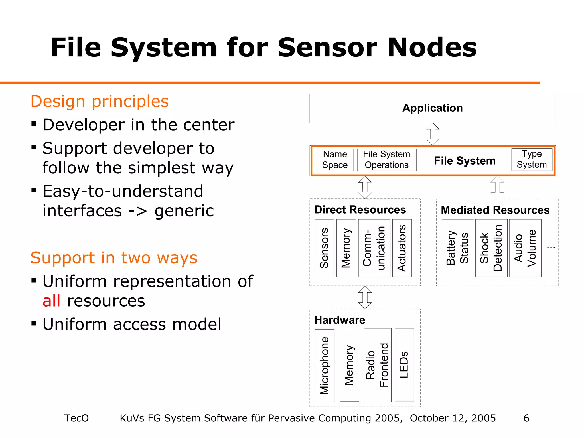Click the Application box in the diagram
pos(432,108)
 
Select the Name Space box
pos(335,160)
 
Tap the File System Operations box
pos(386,160)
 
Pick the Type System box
pos(532,159)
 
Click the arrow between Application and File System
pos(433,134)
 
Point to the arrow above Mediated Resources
pos(497,187)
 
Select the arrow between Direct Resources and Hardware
pos(365,297)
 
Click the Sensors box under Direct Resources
pos(324,248)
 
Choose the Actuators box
pos(402,248)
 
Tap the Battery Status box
pos(457,248)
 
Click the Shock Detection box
pos(491,248)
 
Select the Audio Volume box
pos(525,248)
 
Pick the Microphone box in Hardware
pos(325,365)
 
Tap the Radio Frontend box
pos(377,365)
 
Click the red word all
pos(51,301)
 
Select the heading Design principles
pos(100,101)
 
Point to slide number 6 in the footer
pos(526,418)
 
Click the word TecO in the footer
pos(76,418)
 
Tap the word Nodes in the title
pos(432,48)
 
